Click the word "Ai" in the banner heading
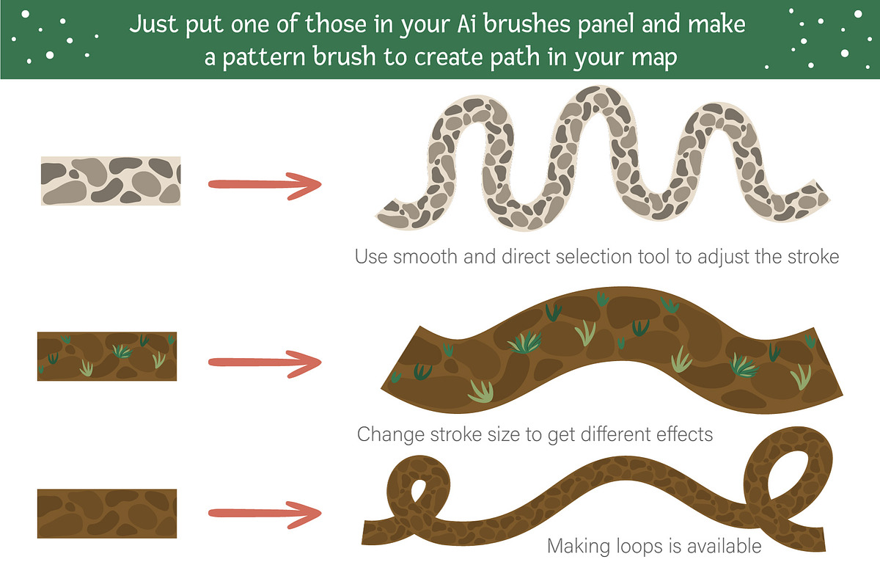coord(466,24)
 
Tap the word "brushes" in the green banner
coord(527,23)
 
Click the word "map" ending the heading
coord(654,58)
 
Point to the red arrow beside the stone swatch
coord(265,185)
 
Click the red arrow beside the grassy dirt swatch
coord(265,363)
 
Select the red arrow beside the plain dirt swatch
coord(265,514)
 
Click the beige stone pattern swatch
coord(111,181)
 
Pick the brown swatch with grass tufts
coord(107,356)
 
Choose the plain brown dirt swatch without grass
coord(107,514)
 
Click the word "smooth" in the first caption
coord(425,257)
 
